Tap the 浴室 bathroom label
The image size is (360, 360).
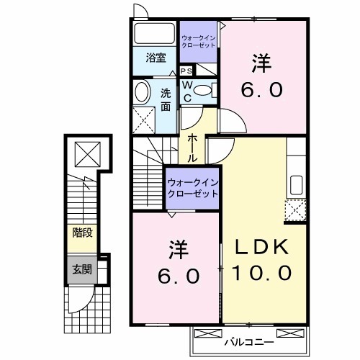[x=156, y=58]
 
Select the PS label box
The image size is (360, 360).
[x=186, y=71]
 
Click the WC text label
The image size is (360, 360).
[x=186, y=90]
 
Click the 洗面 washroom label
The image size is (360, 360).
[x=166, y=99]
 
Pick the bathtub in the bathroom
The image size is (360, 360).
[x=153, y=33]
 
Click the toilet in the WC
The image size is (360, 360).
[x=204, y=90]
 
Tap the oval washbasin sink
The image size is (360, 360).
[x=142, y=91]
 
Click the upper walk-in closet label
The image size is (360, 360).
[x=197, y=40]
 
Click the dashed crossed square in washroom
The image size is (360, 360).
[x=146, y=119]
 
